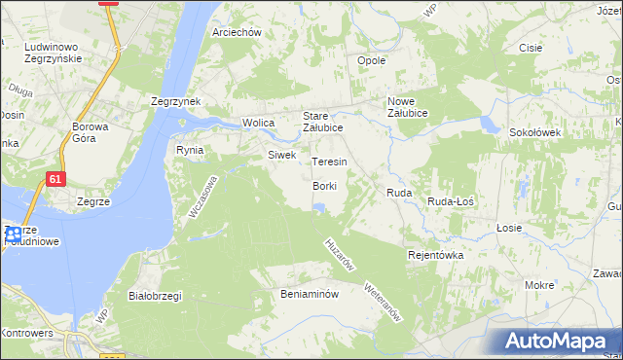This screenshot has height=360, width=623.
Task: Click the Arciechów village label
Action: coord(238,32)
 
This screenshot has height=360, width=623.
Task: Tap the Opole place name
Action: coord(373,60)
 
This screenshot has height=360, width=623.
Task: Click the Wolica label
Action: coord(258,124)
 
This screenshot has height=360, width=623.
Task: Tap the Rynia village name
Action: coord(189,150)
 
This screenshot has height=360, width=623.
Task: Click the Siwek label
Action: coord(281,155)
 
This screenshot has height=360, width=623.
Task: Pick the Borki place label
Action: coord(325,186)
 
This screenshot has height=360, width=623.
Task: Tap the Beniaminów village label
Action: coord(309,294)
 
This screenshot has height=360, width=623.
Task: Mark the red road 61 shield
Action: coord(55,179)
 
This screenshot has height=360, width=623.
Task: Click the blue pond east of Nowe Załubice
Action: coord(487,124)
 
